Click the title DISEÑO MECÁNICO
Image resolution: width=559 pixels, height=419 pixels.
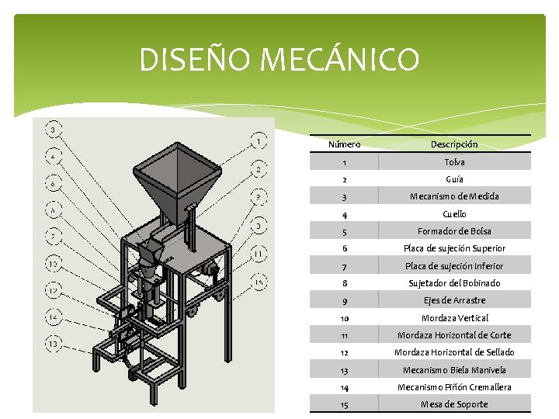click(x=279, y=60)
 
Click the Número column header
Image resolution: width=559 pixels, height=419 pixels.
click(x=344, y=144)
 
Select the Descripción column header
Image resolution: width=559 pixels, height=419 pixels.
click(x=454, y=144)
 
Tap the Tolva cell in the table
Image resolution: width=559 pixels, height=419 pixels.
click(x=454, y=162)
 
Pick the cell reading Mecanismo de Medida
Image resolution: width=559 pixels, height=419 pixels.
click(x=454, y=196)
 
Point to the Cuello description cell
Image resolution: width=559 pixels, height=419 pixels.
click(x=454, y=213)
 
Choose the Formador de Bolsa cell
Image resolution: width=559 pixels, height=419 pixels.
click(x=454, y=231)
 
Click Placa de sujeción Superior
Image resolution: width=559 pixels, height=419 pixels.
click(x=454, y=248)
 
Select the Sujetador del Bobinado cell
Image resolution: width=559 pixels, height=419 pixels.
click(x=454, y=283)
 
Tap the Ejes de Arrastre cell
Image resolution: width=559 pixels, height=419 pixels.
click(x=454, y=300)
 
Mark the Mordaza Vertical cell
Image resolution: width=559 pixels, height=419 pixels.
click(x=454, y=318)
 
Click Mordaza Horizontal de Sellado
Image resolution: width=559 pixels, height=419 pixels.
click(x=454, y=352)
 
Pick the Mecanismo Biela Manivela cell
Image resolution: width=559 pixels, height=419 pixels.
click(x=454, y=370)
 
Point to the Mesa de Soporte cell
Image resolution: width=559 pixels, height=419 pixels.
click(x=454, y=404)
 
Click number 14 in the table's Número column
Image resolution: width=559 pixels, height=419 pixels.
click(x=344, y=387)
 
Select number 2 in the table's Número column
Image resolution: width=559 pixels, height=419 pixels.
click(x=344, y=179)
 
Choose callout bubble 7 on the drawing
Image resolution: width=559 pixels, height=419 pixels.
click(x=53, y=234)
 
